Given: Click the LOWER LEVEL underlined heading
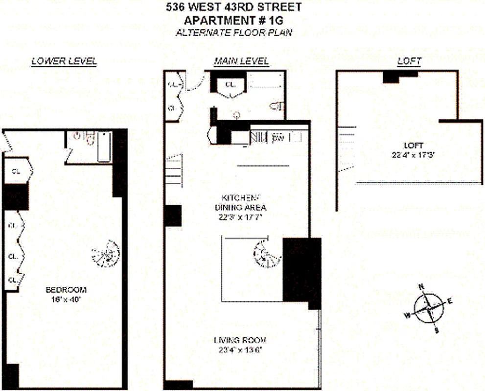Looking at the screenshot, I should tap(64, 62).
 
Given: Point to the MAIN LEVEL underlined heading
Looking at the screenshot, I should tap(241, 62).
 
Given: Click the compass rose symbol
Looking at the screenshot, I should tap(428, 307).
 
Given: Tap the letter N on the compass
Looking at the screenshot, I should tap(420, 287).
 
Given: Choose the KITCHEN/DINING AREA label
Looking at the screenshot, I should tap(240, 202).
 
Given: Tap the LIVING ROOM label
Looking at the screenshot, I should tap(240, 340).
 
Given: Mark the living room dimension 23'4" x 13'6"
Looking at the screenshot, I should tap(240, 349).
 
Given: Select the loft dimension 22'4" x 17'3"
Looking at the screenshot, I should tap(410, 155).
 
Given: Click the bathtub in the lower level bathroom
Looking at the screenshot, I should tap(104, 146).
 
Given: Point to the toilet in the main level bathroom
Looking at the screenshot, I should tap(277, 106).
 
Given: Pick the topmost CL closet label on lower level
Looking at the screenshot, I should tap(17, 171).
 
